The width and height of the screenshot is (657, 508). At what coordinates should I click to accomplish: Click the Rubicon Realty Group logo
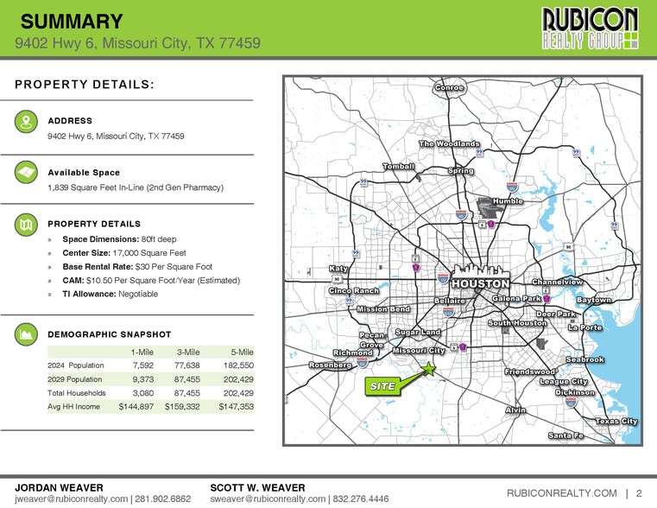[590, 29]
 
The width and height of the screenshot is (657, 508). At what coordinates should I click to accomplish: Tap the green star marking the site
[428, 369]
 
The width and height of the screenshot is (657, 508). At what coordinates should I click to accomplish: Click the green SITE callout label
[383, 387]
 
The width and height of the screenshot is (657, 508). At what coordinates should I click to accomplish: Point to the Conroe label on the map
[449, 87]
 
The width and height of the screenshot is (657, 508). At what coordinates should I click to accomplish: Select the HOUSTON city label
[480, 283]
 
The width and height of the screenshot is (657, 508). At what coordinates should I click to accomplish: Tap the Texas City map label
[616, 421]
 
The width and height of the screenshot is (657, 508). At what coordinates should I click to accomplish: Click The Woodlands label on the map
[449, 143]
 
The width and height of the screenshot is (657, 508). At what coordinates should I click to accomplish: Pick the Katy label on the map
[338, 269]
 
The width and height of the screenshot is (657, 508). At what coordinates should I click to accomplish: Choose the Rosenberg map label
[331, 365]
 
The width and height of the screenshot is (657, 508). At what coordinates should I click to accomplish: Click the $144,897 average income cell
[136, 406]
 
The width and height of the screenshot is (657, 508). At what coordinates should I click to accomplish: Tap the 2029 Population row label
[76, 378]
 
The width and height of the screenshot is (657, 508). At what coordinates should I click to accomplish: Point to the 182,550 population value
[235, 365]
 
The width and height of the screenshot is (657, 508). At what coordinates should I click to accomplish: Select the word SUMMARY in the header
[71, 22]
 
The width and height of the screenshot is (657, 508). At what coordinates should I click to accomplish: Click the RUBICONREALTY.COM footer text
[561, 493]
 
